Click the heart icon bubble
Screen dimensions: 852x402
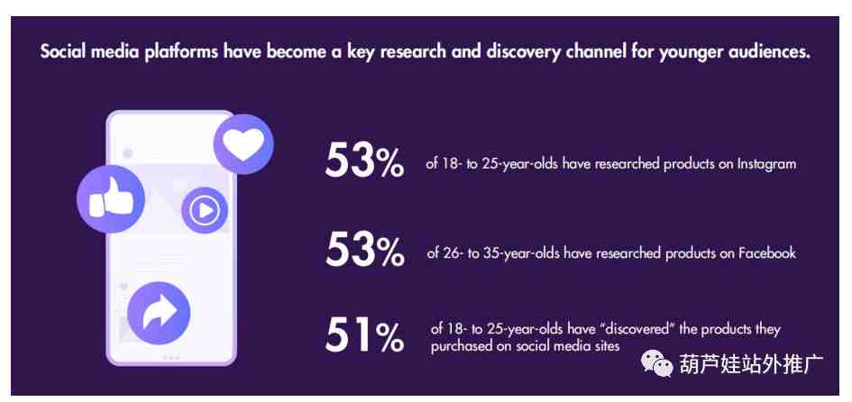point(243,144)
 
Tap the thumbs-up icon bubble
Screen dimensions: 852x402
point(111,199)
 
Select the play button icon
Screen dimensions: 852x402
point(205,210)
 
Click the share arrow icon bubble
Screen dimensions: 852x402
point(159,313)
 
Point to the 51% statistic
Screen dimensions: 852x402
point(364,335)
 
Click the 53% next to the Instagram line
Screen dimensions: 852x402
point(364,160)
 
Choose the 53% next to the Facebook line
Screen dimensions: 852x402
point(364,250)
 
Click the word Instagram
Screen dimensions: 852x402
point(766,164)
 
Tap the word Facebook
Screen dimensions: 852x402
point(767,252)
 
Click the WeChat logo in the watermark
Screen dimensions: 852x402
point(657,363)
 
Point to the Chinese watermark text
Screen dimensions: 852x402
point(752,364)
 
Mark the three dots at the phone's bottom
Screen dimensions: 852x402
point(170,357)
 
